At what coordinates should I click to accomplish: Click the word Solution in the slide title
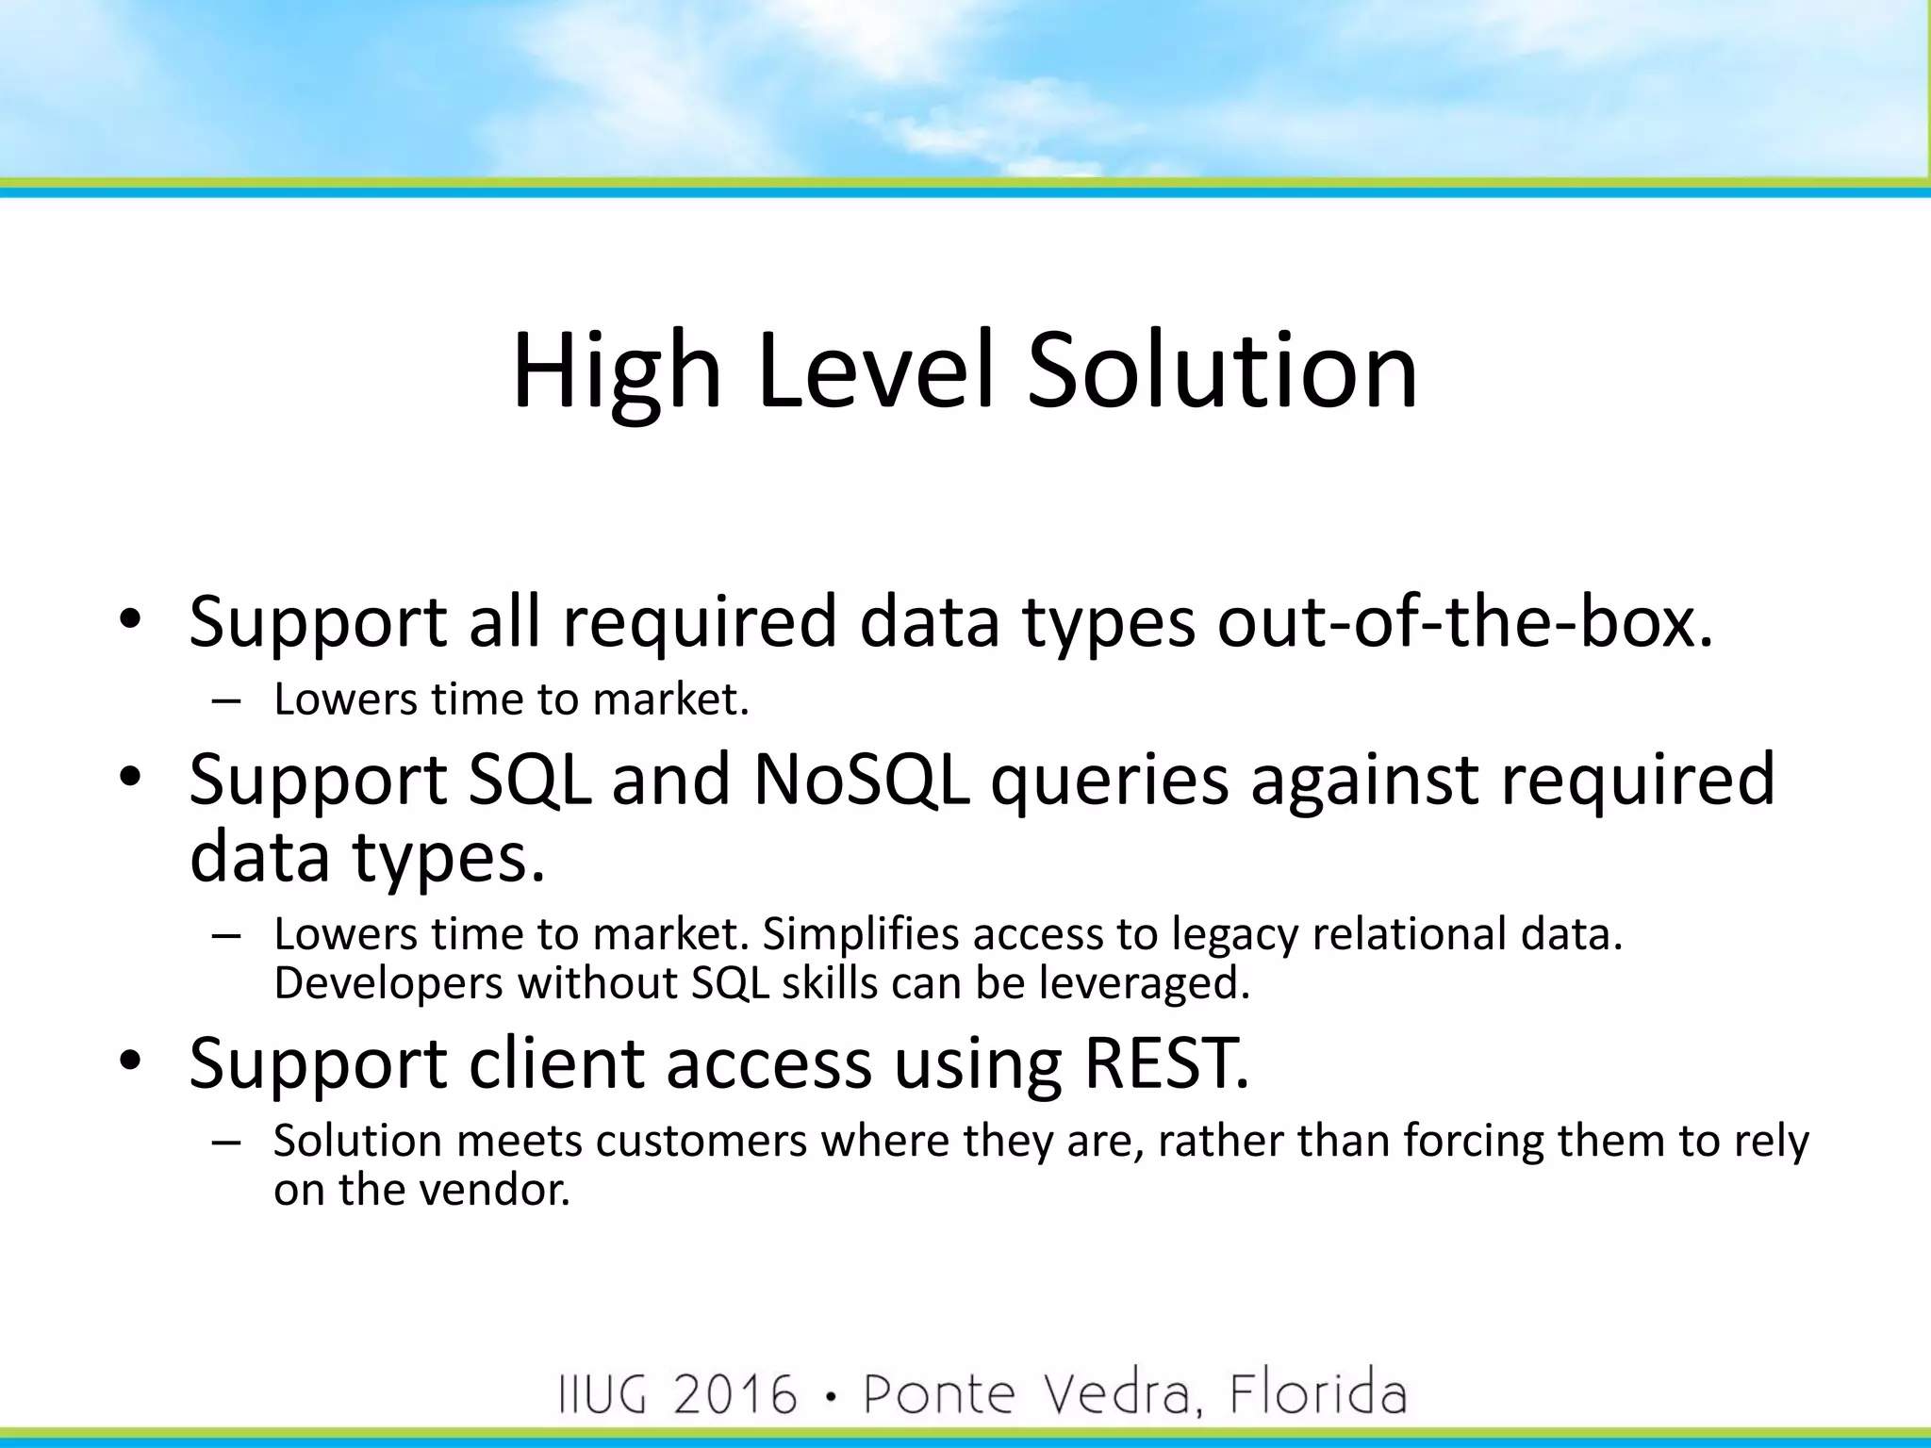tap(1222, 371)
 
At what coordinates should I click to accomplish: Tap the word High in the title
tap(617, 371)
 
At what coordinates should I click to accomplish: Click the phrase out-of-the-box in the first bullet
tap(1464, 622)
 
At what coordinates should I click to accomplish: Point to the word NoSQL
tap(861, 781)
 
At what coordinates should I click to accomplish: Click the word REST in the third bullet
tap(1165, 1063)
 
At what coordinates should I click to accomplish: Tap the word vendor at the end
tap(494, 1190)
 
